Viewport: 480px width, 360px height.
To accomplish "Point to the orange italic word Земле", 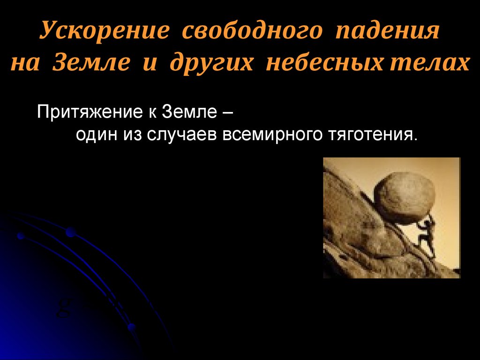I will tap(91, 63).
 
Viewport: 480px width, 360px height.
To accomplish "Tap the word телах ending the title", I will tap(424, 63).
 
